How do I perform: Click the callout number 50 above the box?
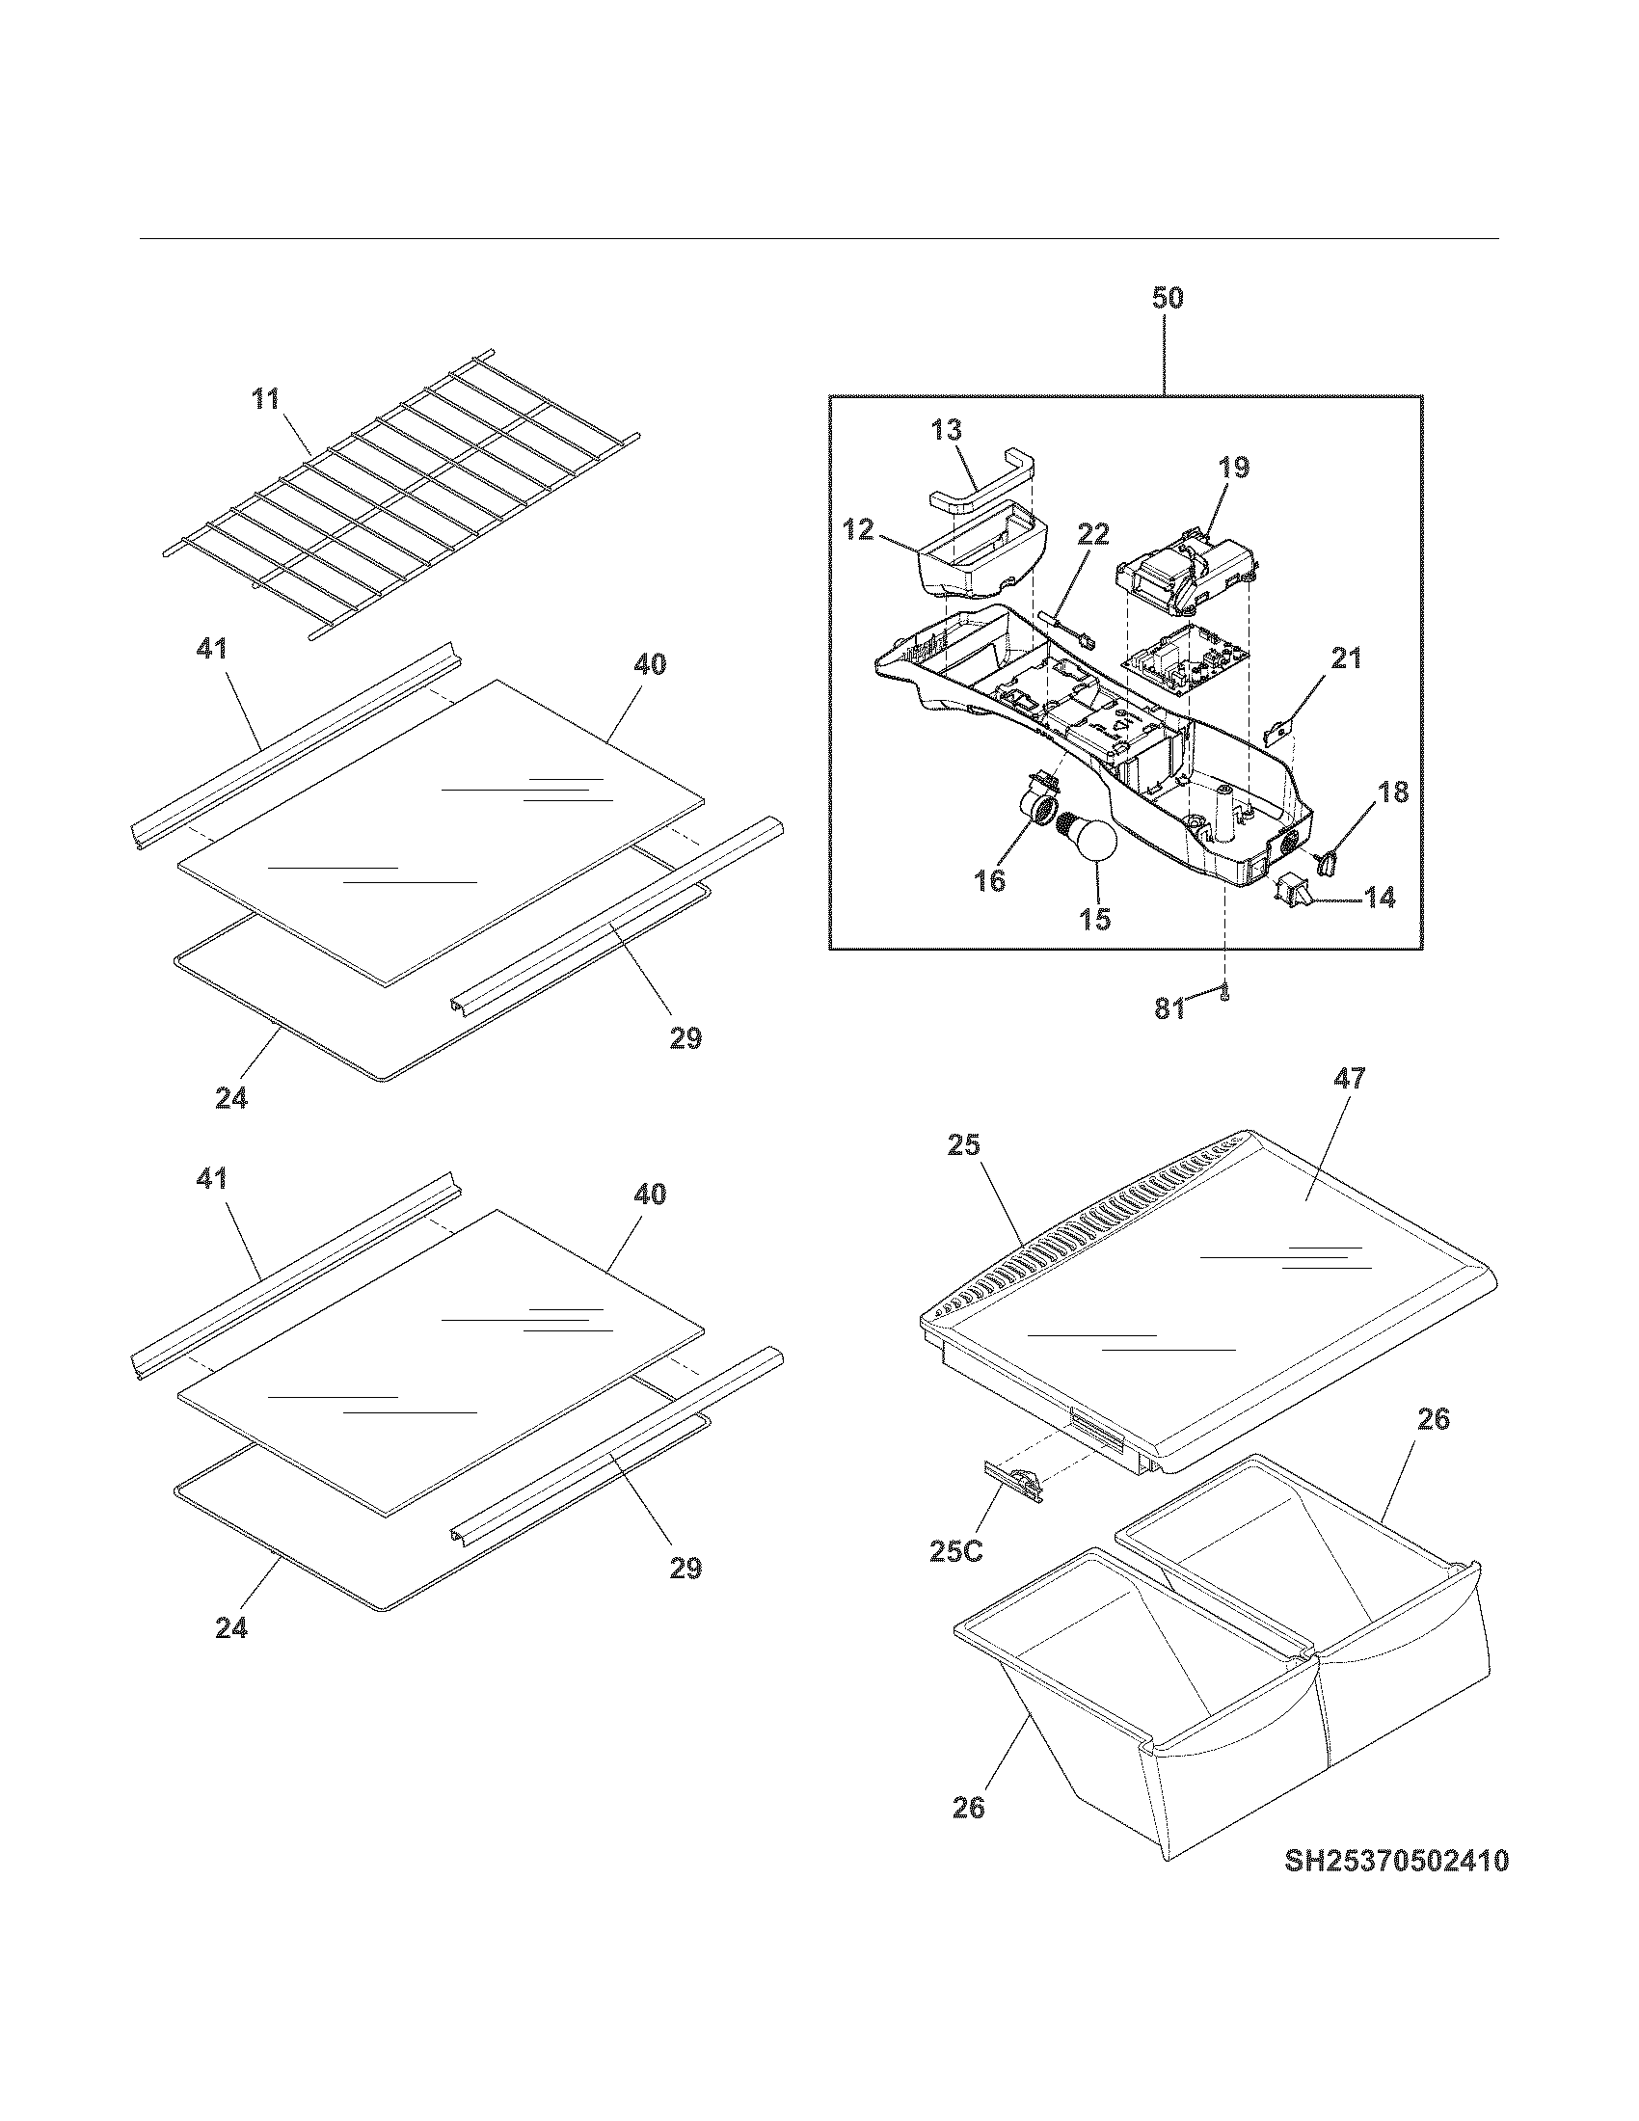click(x=1168, y=297)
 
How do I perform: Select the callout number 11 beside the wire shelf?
click(x=266, y=398)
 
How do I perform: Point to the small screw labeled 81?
click(x=1225, y=992)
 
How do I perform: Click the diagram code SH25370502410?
click(x=1396, y=1861)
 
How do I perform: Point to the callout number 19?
click(x=1233, y=467)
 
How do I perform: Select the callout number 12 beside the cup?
click(x=859, y=530)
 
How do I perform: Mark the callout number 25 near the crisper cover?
click(x=964, y=1146)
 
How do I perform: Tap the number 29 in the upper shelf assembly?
click(x=685, y=1039)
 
